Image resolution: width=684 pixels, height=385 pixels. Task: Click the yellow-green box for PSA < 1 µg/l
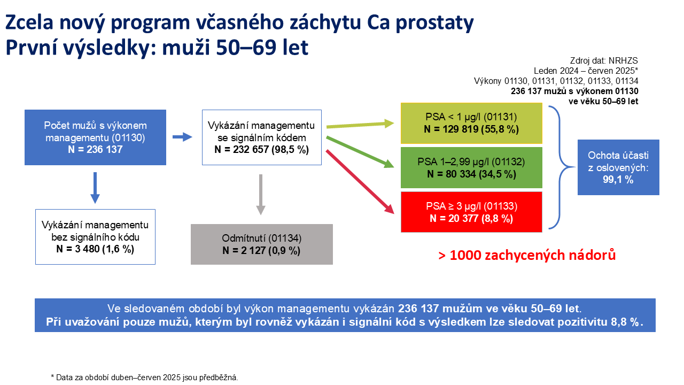coord(471,123)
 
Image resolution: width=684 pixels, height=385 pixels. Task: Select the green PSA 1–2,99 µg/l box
coord(471,167)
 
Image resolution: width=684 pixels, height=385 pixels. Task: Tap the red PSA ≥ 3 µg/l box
coord(471,212)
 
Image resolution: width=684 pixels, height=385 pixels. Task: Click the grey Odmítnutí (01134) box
coord(262,244)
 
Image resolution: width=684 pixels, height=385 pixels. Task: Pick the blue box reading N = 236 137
coord(95,137)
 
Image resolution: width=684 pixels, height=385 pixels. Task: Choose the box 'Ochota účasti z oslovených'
coord(618,167)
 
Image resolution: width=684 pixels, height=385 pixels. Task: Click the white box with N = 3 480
coord(95,237)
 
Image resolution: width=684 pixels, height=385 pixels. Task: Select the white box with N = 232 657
coord(262,137)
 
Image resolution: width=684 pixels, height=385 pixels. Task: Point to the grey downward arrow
coord(260,195)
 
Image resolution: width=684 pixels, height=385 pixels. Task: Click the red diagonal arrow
coord(360,182)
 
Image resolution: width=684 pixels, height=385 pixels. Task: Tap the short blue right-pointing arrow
coord(182,137)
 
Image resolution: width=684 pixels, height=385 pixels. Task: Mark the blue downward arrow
coord(95,188)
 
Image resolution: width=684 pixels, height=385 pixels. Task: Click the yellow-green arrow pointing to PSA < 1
coord(360,125)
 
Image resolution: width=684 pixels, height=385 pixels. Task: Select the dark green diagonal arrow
coord(360,152)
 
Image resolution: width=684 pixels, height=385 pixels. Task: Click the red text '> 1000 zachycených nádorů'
coord(527,255)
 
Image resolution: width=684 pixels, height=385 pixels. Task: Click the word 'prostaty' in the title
coord(435,23)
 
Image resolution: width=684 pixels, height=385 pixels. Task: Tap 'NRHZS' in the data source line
coord(623,60)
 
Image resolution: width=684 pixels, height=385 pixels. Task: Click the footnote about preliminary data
coord(144,378)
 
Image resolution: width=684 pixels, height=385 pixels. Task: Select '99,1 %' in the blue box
coord(618,180)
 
